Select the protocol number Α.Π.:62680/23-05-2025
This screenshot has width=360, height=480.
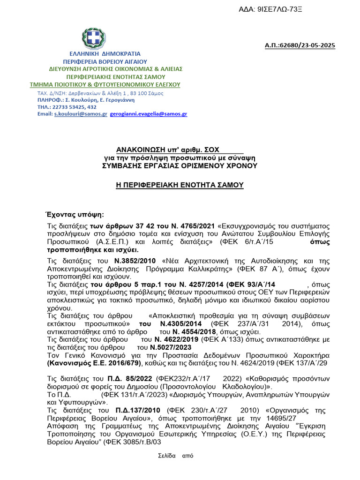point(300,45)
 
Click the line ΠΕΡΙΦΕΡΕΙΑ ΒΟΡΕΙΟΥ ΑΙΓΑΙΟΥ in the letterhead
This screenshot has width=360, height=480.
point(105,61)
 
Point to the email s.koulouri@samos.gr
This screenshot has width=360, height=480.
point(81,114)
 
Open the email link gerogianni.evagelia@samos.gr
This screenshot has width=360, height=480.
point(149,114)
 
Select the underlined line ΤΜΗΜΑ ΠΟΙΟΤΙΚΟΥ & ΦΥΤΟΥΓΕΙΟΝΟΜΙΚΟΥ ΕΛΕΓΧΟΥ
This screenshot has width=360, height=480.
point(105,84)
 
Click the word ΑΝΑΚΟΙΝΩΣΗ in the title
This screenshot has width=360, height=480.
point(137,150)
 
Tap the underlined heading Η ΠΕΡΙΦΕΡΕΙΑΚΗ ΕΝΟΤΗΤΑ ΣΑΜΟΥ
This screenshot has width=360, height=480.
point(180,185)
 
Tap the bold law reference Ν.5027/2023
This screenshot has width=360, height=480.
point(170,348)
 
